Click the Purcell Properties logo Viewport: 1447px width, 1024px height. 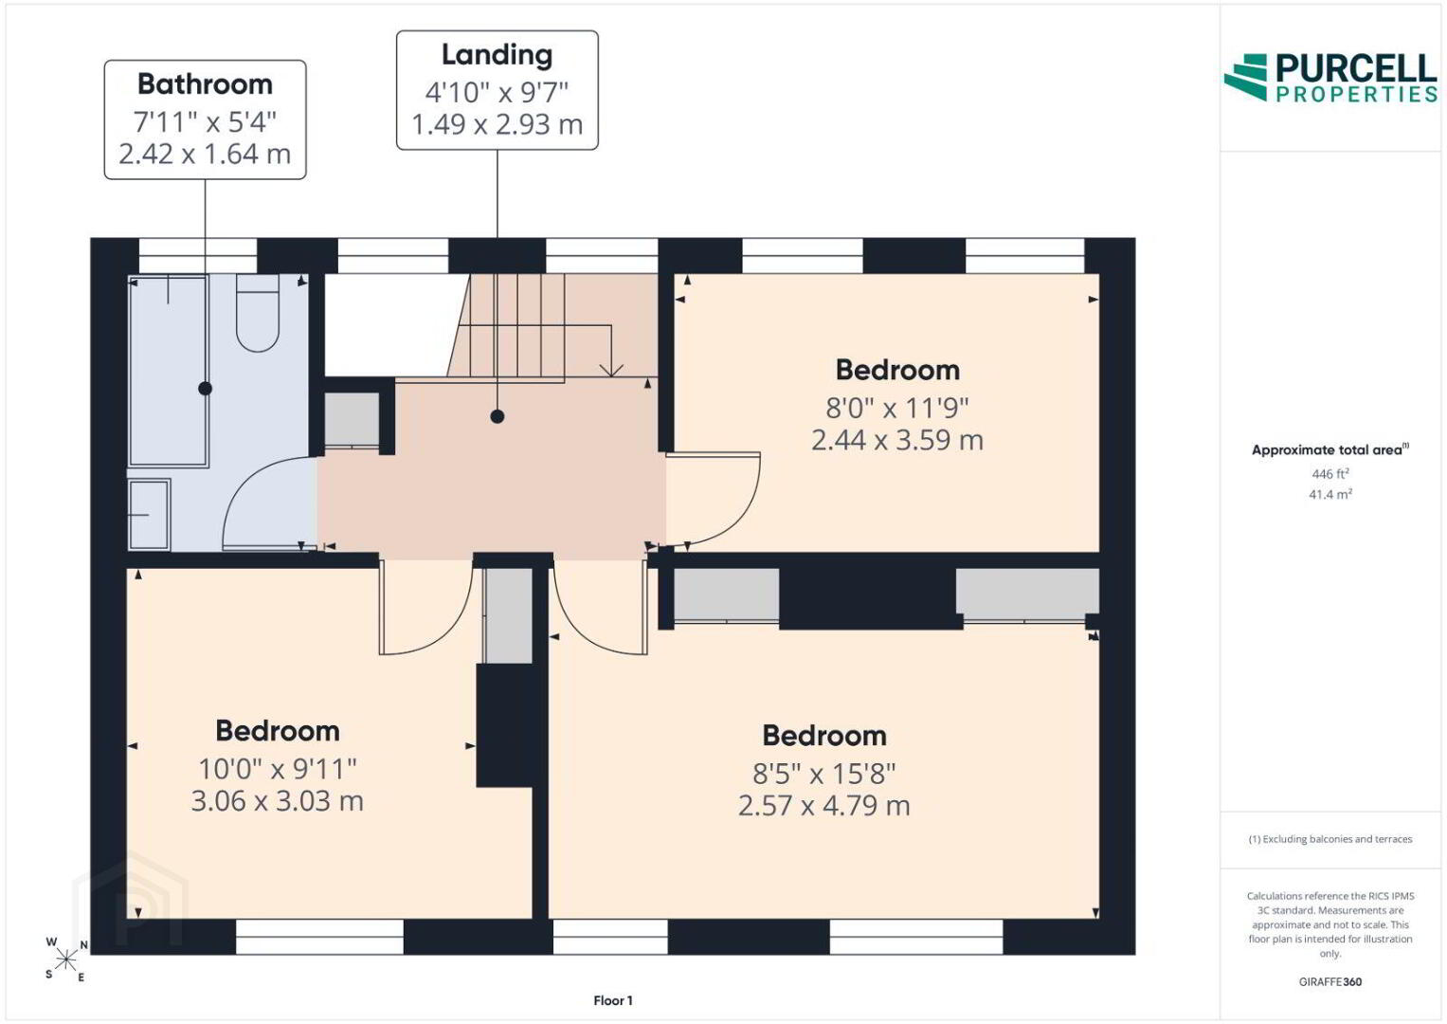click(x=1330, y=78)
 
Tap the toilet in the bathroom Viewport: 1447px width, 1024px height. click(x=258, y=313)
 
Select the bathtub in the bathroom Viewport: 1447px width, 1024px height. click(x=169, y=371)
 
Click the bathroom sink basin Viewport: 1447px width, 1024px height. click(x=149, y=515)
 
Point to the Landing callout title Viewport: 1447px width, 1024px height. click(x=497, y=56)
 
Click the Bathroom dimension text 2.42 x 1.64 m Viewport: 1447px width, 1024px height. click(x=205, y=154)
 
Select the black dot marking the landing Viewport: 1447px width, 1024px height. click(x=497, y=416)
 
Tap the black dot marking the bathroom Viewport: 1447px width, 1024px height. click(x=205, y=389)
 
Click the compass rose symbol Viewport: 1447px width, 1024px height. click(x=66, y=960)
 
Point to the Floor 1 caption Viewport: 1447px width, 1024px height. click(x=613, y=1000)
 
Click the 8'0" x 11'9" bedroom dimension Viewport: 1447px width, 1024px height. click(x=897, y=408)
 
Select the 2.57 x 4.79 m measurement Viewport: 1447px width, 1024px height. click(x=824, y=806)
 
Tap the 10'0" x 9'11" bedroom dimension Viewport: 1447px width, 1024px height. click(x=277, y=769)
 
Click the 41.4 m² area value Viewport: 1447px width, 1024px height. click(x=1330, y=495)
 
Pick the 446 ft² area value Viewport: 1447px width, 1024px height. click(x=1330, y=474)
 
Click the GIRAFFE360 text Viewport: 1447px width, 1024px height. click(x=1330, y=982)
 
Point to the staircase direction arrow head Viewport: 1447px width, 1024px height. click(x=611, y=370)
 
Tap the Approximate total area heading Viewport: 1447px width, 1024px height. click(x=1330, y=450)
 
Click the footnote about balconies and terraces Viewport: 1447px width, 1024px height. click(x=1330, y=839)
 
